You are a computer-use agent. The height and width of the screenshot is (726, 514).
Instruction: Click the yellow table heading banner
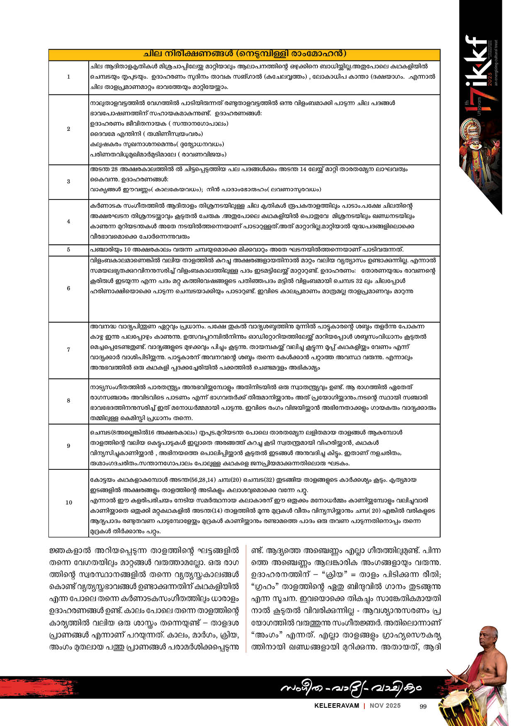[244, 55]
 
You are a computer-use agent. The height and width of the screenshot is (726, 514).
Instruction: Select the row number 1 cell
[69, 77]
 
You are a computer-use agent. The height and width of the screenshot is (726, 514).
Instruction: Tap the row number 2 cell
[69, 129]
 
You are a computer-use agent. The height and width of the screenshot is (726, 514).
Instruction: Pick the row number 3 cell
[69, 181]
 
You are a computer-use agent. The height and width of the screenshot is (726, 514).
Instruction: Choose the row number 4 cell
[69, 221]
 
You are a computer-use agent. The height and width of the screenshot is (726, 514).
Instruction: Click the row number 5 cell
[69, 250]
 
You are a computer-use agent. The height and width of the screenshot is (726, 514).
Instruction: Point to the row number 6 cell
[69, 288]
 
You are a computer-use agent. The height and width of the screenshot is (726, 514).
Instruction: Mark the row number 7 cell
[69, 350]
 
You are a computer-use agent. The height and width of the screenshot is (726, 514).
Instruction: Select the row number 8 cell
[69, 401]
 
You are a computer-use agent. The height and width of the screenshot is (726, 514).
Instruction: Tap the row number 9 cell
[69, 446]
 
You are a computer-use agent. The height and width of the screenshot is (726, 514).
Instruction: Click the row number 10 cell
[69, 502]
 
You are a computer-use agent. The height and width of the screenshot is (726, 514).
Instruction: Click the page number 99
[423, 707]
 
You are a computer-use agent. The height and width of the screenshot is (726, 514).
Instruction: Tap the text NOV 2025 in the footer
[385, 706]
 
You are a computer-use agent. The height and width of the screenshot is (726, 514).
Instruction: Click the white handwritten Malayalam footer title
[351, 688]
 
